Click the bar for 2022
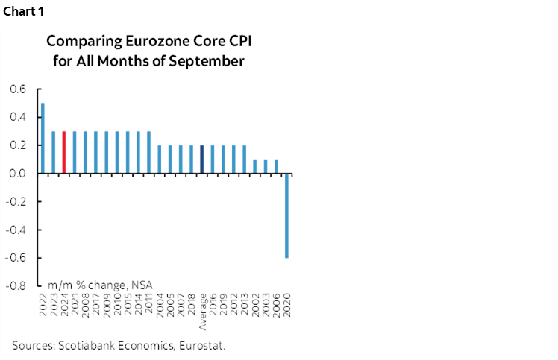43,138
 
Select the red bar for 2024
64,152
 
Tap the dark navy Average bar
202,159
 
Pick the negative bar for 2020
287,215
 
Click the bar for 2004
160,159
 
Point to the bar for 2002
255,166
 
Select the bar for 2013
245,159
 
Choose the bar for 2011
149,152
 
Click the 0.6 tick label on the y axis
18,89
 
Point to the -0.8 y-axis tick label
16,285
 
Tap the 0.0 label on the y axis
18,174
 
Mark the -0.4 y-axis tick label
16,230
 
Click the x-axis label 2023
54,301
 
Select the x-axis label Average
202,309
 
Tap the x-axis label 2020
287,301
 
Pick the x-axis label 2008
86,301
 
